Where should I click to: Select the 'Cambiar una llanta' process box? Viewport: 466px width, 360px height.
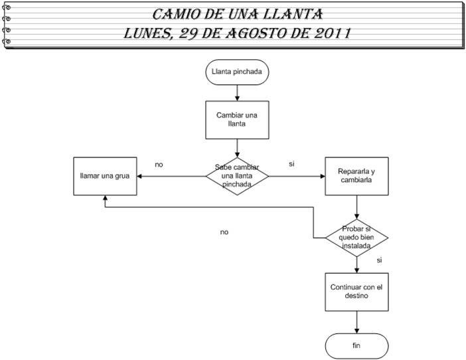click(x=237, y=118)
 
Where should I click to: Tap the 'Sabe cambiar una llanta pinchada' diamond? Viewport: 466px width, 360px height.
click(x=237, y=176)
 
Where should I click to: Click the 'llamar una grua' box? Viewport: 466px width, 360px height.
click(x=105, y=176)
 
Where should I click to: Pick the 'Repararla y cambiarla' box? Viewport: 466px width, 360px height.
click(x=357, y=176)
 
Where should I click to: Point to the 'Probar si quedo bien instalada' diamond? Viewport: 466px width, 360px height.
click(x=357, y=237)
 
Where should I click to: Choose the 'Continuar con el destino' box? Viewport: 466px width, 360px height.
click(x=357, y=292)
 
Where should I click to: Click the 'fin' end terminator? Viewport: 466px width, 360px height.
click(x=357, y=346)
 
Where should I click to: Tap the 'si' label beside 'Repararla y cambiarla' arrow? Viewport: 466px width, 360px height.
click(x=291, y=163)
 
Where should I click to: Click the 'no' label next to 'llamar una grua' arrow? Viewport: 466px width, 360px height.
click(x=159, y=163)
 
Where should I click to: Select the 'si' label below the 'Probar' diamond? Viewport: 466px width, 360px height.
click(x=379, y=260)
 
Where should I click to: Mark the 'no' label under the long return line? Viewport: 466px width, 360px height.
click(x=224, y=232)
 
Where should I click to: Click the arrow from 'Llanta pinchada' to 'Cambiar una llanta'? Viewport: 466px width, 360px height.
click(x=237, y=92)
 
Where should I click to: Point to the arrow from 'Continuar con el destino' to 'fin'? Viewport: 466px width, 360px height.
click(x=357, y=322)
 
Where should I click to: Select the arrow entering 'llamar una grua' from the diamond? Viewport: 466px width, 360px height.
click(x=171, y=176)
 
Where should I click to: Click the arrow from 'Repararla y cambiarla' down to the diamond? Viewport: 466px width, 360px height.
click(x=357, y=207)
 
